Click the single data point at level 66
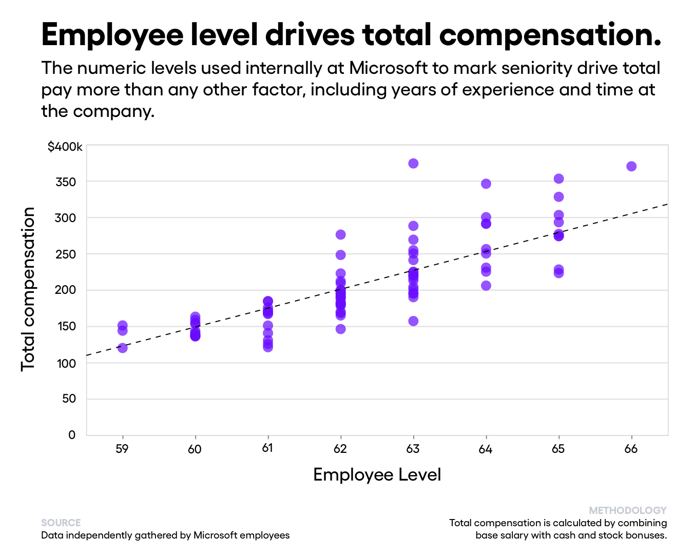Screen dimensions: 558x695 pyautogui.click(x=631, y=166)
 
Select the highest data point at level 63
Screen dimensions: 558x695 pyautogui.click(x=413, y=164)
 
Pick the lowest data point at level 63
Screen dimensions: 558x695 pyautogui.click(x=413, y=321)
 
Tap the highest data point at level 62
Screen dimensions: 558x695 pyautogui.click(x=340, y=234)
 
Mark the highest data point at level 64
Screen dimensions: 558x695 pyautogui.click(x=486, y=184)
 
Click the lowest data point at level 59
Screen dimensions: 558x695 pyautogui.click(x=122, y=348)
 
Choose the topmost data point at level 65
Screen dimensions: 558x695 pyautogui.click(x=558, y=178)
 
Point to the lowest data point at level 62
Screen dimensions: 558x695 pyautogui.click(x=340, y=329)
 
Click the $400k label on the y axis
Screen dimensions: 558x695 pyautogui.click(x=65, y=147)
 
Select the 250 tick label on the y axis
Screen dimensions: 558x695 pyautogui.click(x=65, y=254)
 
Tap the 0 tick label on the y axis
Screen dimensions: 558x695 pyautogui.click(x=72, y=435)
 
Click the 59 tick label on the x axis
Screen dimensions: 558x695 pyautogui.click(x=122, y=449)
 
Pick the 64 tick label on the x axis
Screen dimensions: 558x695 pyautogui.click(x=486, y=449)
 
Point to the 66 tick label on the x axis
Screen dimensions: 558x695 pyautogui.click(x=631, y=449)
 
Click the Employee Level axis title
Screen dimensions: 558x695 pyautogui.click(x=377, y=474)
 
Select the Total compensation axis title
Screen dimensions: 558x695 pyautogui.click(x=28, y=289)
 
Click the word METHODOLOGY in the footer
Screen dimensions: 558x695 pyautogui.click(x=627, y=510)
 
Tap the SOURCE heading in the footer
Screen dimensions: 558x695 pyautogui.click(x=61, y=523)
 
